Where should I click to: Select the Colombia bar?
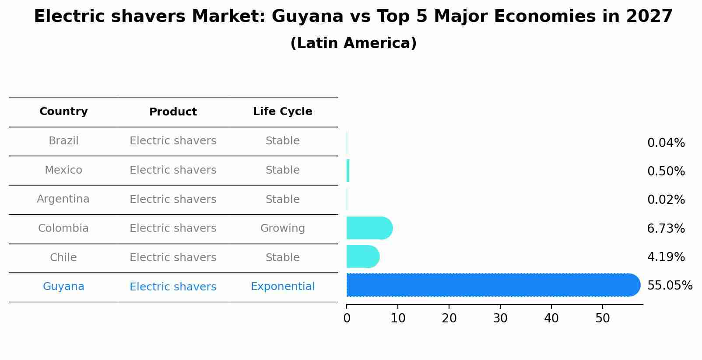pos(369,228)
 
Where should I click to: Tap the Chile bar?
pos(362,257)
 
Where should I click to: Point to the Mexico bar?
pos(348,171)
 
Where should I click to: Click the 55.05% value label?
pos(670,286)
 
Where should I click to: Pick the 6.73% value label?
pos(666,228)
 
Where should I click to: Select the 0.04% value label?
pos(666,143)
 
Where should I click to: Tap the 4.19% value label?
pos(666,257)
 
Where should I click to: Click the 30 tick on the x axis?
pos(500,318)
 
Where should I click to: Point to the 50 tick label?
pos(603,318)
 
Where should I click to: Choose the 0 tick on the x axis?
pos(347,318)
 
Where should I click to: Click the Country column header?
pos(63,112)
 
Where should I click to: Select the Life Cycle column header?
pos(283,112)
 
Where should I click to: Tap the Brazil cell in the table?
pos(63,141)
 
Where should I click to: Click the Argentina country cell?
pos(63,199)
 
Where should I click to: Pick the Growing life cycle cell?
pos(283,228)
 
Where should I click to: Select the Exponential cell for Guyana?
pos(283,287)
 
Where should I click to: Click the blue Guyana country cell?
pos(63,287)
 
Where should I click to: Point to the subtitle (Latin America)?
pos(353,43)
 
